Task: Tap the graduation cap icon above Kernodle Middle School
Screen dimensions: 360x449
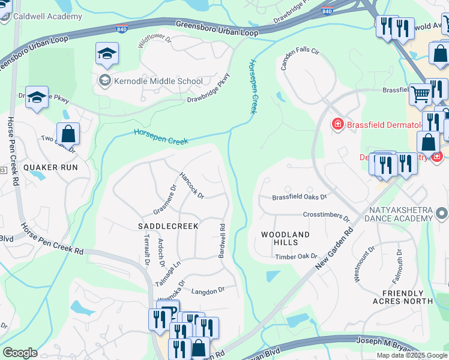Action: [107, 55]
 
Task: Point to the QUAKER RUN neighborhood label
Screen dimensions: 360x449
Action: [51, 167]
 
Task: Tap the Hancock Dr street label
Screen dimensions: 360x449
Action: [192, 185]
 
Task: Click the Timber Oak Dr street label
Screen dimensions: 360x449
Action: [296, 257]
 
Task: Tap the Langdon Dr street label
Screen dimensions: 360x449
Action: [208, 290]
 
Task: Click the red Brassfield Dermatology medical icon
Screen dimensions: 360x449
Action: [338, 124]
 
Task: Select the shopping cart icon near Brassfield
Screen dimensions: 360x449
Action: [420, 94]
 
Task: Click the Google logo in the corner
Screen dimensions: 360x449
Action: [20, 353]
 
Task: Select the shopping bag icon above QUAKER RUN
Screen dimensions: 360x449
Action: [68, 134]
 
